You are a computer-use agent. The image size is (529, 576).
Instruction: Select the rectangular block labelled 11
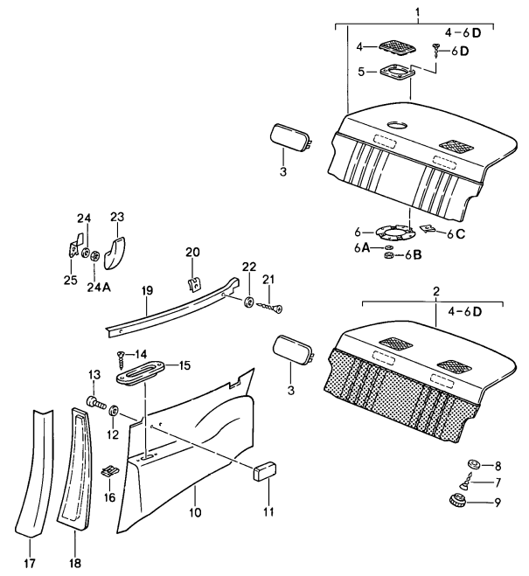(264, 472)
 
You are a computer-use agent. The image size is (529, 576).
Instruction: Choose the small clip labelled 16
(109, 472)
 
